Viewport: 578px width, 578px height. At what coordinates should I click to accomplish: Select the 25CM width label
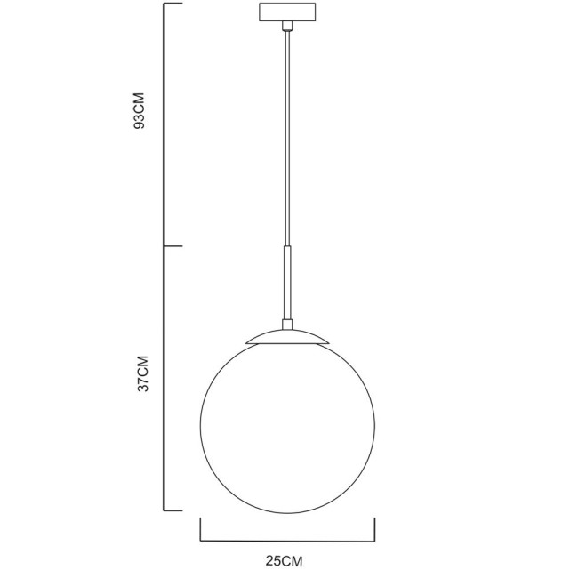click(285, 562)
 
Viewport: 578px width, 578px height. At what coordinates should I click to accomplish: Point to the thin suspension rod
click(286, 133)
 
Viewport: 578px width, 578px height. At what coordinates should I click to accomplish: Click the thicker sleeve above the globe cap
click(286, 283)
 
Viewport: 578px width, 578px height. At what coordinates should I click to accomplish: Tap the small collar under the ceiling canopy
click(286, 28)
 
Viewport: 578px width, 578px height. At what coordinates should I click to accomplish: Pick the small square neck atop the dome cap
click(286, 323)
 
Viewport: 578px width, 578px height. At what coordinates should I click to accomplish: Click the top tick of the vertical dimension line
click(173, 4)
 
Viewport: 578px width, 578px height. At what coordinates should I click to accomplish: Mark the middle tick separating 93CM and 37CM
click(173, 246)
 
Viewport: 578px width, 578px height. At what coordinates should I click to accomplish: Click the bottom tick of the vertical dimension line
click(173, 510)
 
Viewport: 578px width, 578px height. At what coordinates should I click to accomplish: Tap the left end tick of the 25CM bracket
click(200, 529)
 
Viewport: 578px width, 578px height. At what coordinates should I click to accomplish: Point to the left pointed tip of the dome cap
click(245, 342)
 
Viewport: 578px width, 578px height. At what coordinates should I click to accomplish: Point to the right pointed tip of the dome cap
click(328, 342)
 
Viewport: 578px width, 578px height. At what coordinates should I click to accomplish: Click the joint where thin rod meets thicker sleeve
click(286, 246)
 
